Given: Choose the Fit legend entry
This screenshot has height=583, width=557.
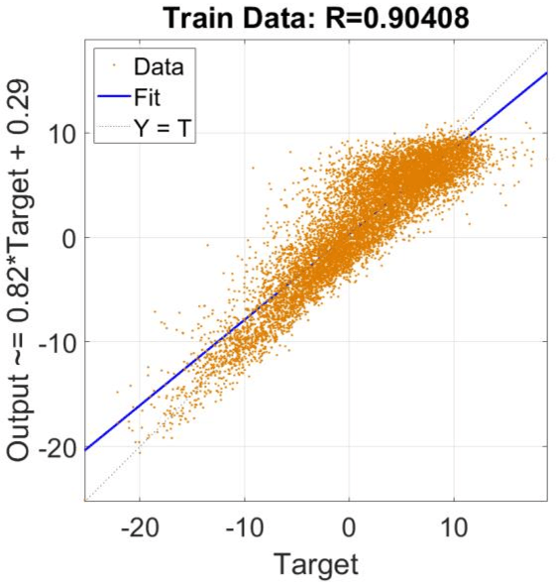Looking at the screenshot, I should (152, 98).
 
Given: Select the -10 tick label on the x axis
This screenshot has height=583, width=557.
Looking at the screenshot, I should (244, 525).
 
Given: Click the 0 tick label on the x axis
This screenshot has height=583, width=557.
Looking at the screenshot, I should (350, 525).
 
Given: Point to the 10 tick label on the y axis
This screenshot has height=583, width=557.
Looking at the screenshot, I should (61, 133).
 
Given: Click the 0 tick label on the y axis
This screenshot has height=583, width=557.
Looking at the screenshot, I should (68, 238).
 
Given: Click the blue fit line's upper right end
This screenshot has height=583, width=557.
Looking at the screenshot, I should (546, 71).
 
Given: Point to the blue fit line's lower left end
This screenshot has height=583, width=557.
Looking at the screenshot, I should (86, 450).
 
